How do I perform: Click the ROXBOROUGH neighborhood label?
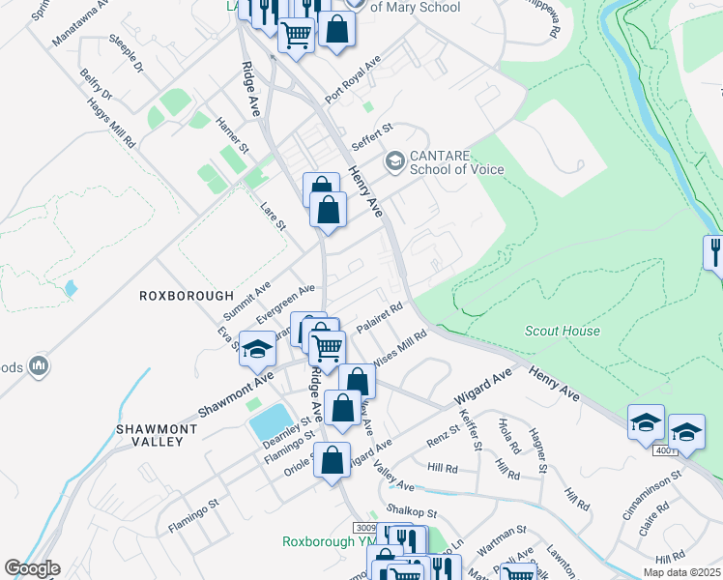tap(187, 296)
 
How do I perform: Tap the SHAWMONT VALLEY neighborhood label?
tap(150, 434)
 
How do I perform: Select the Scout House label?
tap(563, 331)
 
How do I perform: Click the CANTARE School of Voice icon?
tap(394, 160)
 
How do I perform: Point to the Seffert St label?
tap(372, 134)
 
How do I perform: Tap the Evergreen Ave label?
tap(286, 303)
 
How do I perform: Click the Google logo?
tap(32, 568)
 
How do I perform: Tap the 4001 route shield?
tap(666, 450)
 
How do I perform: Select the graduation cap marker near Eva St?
tap(257, 348)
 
